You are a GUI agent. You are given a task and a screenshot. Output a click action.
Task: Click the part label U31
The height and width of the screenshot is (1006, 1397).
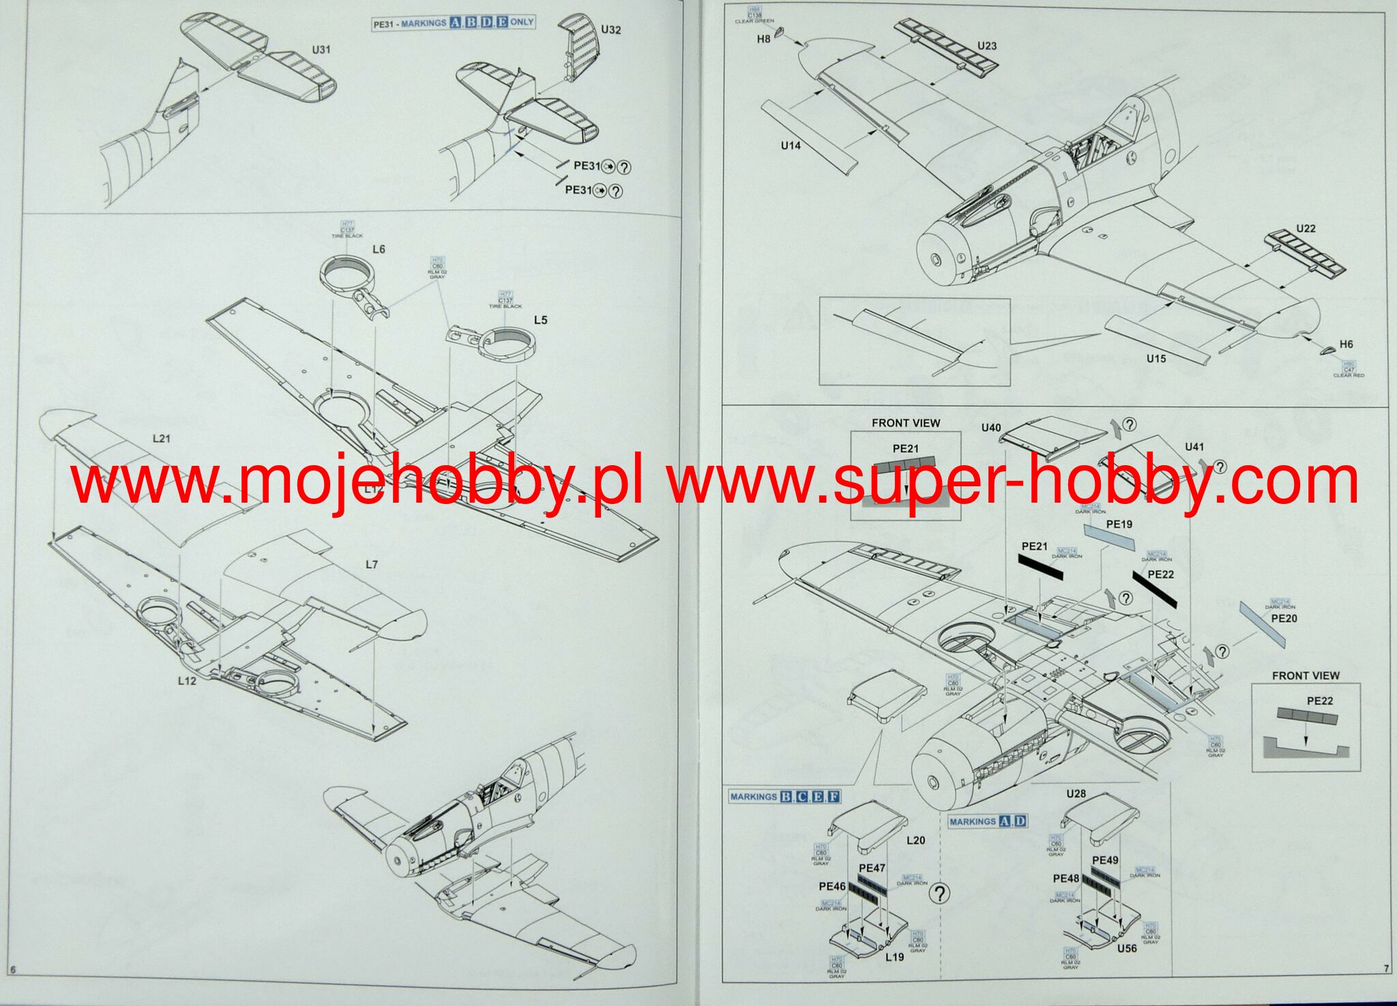coord(321,50)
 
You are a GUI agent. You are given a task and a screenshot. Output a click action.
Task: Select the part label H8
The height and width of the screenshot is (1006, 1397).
coord(763,40)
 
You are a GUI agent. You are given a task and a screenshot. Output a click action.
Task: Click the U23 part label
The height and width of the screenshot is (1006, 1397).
coord(986,46)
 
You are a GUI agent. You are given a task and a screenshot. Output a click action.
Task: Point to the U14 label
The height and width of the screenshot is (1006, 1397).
coord(791,145)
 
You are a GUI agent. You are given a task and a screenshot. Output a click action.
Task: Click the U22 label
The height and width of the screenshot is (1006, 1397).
coord(1305,228)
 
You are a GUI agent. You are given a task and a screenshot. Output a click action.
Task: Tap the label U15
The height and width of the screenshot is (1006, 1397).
coord(1156,359)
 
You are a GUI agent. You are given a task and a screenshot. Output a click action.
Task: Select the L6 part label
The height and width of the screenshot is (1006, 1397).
coord(379,250)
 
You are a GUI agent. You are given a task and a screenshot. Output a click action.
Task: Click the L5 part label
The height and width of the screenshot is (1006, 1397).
coord(540,320)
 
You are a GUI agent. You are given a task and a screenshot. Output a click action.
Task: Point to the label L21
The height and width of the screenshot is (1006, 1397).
coord(161,439)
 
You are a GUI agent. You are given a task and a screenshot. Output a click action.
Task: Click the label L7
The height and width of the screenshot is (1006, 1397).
coord(371,565)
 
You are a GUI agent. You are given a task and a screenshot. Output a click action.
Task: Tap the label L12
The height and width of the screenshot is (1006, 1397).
coord(187,681)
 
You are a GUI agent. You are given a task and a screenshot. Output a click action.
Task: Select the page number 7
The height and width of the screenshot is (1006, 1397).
coord(1385,968)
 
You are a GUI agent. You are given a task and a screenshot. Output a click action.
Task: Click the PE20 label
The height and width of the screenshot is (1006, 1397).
coord(1284,619)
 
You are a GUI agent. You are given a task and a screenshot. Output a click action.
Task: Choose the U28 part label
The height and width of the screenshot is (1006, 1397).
coord(1076,794)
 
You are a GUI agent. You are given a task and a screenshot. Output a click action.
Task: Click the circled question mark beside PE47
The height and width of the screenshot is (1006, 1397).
coord(940,894)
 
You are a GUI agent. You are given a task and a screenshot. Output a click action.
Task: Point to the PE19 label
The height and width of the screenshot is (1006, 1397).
coord(1119,524)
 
